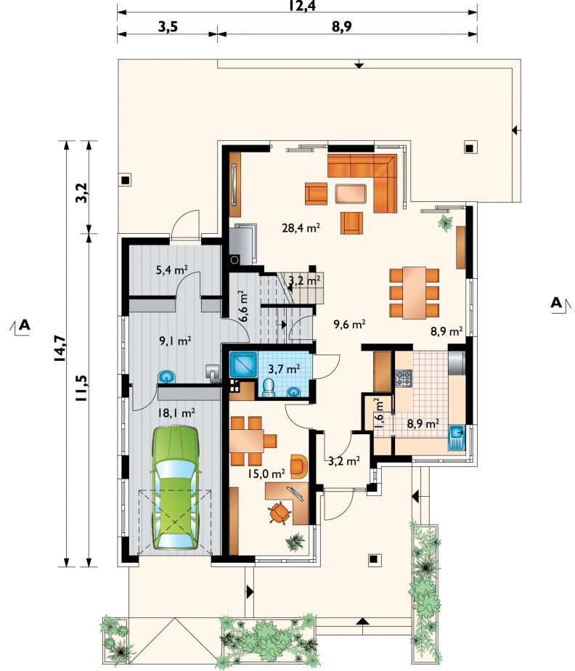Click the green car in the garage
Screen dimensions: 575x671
point(176,487)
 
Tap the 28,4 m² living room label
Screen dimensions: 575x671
point(301,227)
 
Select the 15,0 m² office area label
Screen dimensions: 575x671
point(266,473)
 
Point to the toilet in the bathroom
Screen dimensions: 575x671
point(269,388)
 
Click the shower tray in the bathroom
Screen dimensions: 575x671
point(243,364)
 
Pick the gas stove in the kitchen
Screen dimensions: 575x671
point(404,378)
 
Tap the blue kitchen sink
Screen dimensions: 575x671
point(457,438)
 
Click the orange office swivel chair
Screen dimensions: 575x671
point(280,512)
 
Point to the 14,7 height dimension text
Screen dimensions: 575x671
point(60,349)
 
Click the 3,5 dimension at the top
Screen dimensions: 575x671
point(168,27)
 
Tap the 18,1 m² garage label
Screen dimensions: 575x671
point(176,413)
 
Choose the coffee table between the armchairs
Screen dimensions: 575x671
point(351,193)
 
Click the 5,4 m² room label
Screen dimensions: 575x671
point(171,270)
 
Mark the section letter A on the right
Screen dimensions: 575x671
point(555,303)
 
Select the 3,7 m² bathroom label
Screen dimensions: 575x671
point(284,367)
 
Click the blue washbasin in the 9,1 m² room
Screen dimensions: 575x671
point(166,377)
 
